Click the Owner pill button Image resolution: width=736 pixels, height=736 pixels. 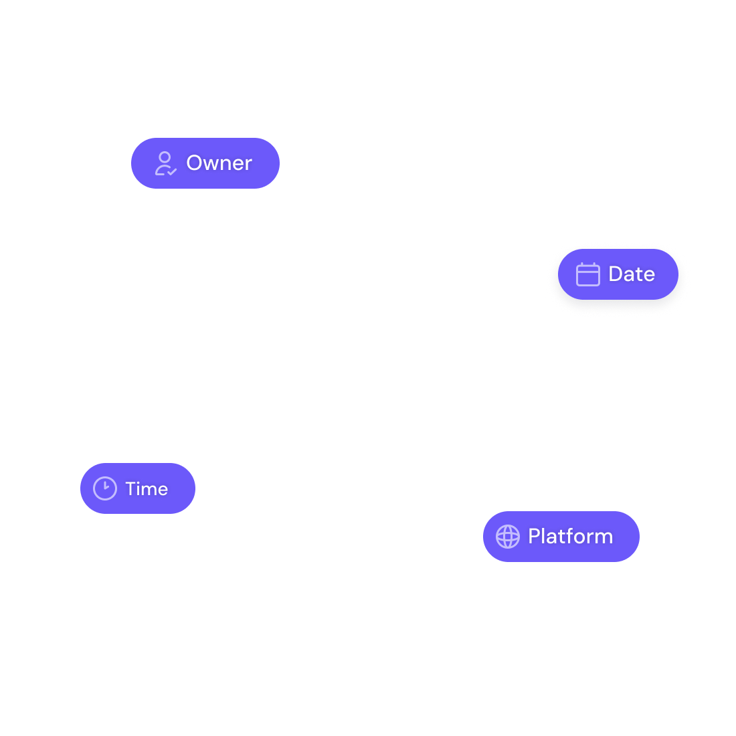click(x=205, y=163)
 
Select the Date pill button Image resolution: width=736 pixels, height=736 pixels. click(x=618, y=274)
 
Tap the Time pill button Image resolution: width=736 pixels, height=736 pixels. click(x=137, y=488)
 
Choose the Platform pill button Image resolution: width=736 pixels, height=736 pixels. click(x=561, y=537)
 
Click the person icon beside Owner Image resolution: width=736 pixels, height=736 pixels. click(x=165, y=163)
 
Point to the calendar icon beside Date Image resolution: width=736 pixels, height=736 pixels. click(x=587, y=274)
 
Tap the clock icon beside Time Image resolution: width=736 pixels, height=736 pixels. click(x=105, y=488)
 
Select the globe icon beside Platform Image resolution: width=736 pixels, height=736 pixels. click(x=508, y=537)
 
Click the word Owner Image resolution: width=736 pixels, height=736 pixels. click(x=219, y=163)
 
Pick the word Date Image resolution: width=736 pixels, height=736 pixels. click(x=632, y=274)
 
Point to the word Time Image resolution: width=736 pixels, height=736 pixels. click(x=147, y=489)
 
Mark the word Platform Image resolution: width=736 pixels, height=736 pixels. click(x=570, y=537)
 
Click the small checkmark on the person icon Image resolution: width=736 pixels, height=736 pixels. click(x=172, y=172)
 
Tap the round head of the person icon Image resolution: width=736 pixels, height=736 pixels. click(x=165, y=157)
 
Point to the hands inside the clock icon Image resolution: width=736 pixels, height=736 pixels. click(x=106, y=486)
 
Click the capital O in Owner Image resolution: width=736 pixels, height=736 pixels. click(x=194, y=163)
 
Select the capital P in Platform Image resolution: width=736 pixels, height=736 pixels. click(x=534, y=537)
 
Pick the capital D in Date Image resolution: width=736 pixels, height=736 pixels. click(x=616, y=274)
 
